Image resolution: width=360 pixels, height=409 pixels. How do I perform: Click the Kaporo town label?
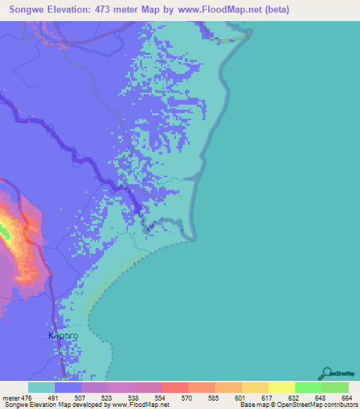point(63,336)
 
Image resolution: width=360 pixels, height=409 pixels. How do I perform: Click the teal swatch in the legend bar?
point(41,387)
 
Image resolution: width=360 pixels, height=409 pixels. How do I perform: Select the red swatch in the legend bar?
point(174,387)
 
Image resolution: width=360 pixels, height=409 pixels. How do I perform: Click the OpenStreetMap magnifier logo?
point(326,372)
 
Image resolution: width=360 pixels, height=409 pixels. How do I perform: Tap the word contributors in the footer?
point(340,405)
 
